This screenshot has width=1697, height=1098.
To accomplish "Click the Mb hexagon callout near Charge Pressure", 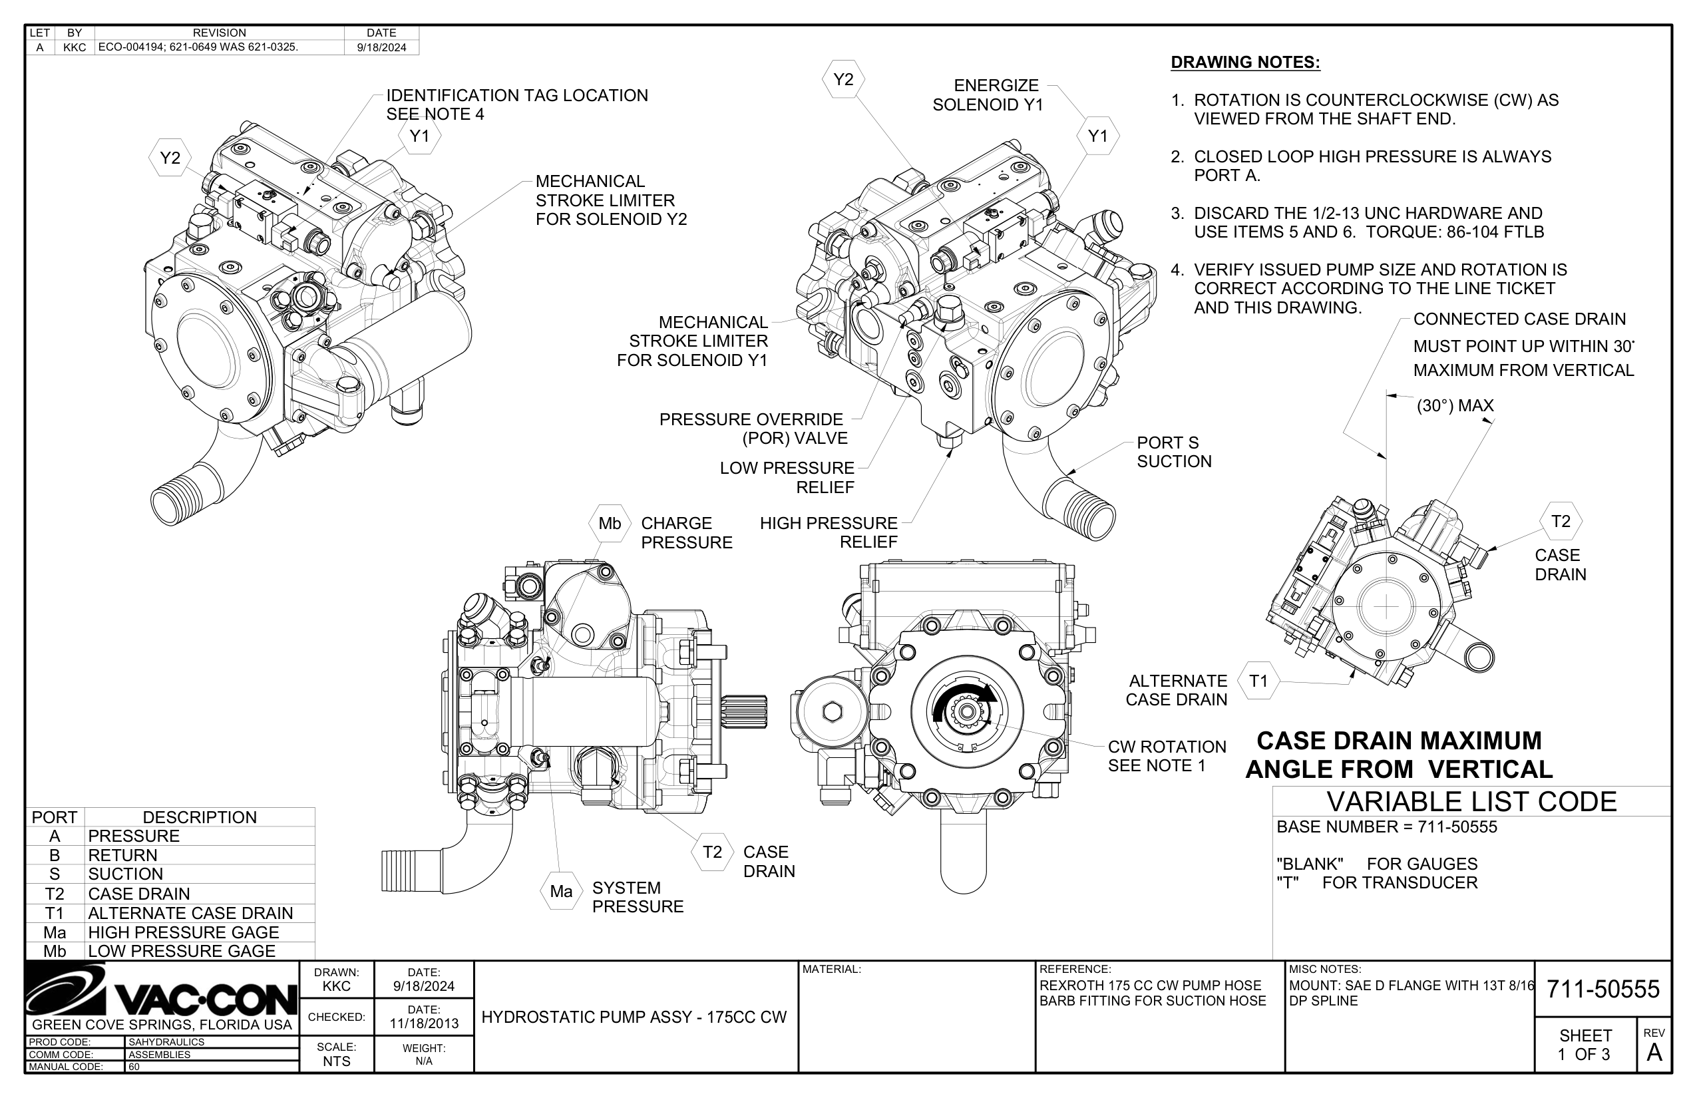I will click(610, 523).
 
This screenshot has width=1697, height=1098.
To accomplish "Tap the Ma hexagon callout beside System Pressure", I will click(561, 891).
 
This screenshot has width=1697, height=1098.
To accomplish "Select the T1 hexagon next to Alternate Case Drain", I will click(1258, 681).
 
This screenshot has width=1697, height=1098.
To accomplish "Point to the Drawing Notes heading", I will click(1245, 62).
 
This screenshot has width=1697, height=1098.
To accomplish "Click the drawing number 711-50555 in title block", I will click(1603, 990).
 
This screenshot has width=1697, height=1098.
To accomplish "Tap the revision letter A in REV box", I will click(1654, 1052).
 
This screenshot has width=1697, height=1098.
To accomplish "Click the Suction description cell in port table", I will click(126, 874).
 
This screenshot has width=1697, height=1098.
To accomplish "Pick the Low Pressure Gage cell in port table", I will click(181, 951).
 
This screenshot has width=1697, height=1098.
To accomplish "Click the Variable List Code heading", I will click(1471, 802).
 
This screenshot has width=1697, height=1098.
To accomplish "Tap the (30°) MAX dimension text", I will click(1455, 406).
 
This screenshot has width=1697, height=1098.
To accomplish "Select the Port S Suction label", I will click(1174, 452).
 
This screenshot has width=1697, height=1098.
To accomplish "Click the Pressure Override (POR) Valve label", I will click(753, 429).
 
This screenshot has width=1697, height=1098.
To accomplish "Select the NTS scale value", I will click(336, 1061).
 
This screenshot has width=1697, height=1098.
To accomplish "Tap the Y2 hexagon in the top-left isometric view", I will click(170, 158).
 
